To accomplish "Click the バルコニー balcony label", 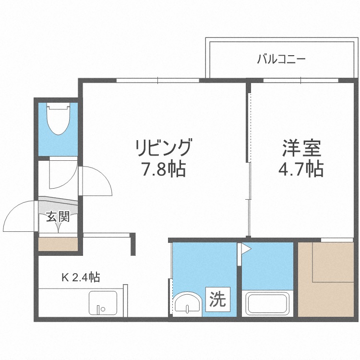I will coord(281,60).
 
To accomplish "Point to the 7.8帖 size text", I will coord(164,169).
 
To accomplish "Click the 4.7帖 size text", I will coord(300,169).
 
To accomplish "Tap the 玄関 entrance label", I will coord(58,216).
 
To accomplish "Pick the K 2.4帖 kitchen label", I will coord(80,277).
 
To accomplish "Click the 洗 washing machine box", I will coord(217,300).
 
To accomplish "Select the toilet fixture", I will coord(58,119).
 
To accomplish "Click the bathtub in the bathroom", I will coord(267,304).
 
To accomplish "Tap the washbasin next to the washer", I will coord(187,303).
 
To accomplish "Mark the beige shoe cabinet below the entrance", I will coord(58,244).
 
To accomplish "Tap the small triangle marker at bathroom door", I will coord(246,249).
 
